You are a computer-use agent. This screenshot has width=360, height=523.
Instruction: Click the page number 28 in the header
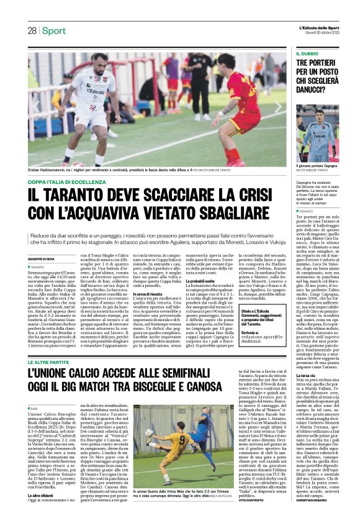[32, 30]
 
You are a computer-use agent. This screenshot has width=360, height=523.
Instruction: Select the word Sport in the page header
[55, 30]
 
